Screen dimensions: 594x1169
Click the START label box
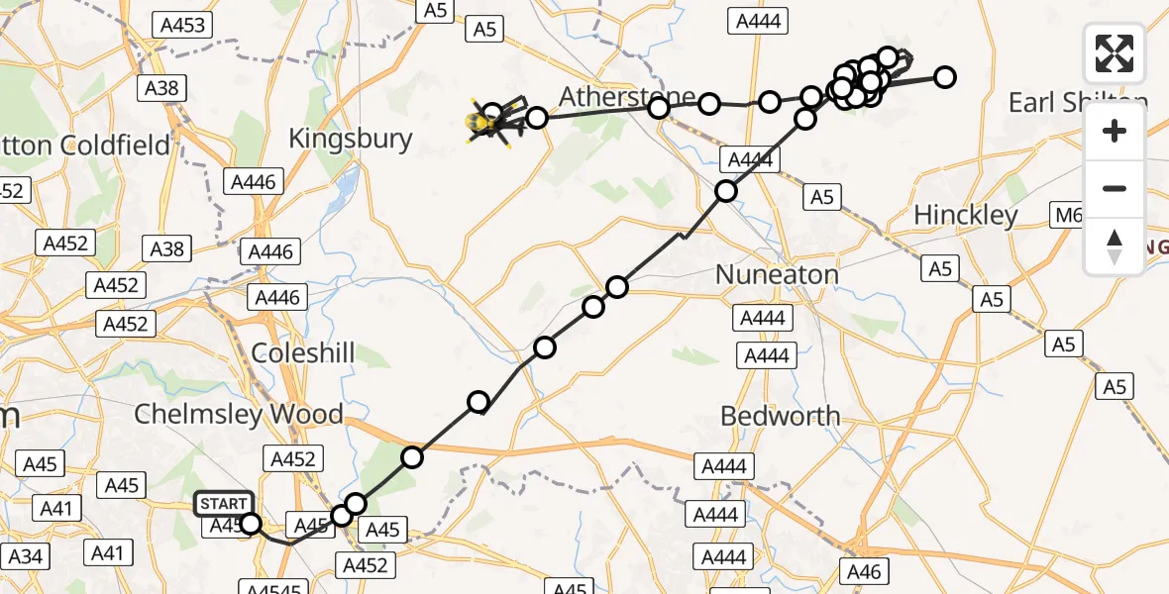(224, 505)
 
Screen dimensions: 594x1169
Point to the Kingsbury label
(350, 139)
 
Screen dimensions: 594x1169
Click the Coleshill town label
(303, 353)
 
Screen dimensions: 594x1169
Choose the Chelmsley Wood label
(239, 414)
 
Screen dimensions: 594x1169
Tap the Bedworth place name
(781, 416)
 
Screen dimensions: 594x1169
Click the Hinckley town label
(966, 215)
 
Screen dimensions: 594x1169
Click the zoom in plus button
(1115, 132)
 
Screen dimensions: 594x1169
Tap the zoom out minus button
(1115, 189)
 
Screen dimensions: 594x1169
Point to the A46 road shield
(865, 570)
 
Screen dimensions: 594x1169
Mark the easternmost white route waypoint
(945, 77)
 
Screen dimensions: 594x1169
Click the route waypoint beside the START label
(251, 524)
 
